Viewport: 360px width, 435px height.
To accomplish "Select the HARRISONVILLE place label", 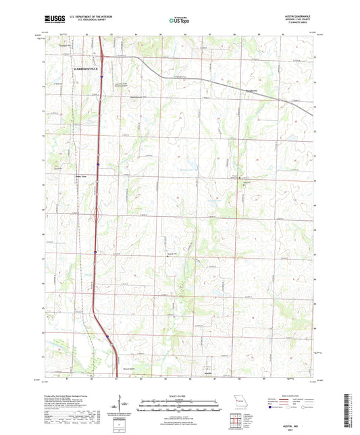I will (82, 69).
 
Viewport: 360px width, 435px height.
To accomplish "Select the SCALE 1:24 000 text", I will (178, 396).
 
